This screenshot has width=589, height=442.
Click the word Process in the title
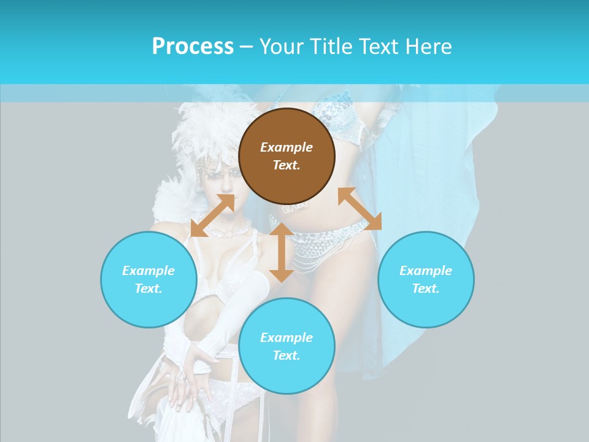(193, 47)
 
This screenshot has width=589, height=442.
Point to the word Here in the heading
(429, 47)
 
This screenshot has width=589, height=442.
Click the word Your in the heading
(281, 47)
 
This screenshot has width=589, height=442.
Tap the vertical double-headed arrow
(282, 252)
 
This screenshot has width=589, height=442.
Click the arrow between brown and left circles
(212, 215)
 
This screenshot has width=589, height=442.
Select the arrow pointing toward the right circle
(360, 209)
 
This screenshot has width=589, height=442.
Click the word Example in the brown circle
(287, 147)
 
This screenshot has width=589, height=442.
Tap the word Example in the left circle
(148, 271)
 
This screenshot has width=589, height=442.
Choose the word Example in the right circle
(426, 271)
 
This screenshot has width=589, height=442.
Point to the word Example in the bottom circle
(287, 338)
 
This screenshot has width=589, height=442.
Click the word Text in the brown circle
(287, 165)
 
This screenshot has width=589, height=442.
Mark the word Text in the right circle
(426, 289)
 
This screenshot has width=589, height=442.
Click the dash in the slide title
(246, 47)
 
